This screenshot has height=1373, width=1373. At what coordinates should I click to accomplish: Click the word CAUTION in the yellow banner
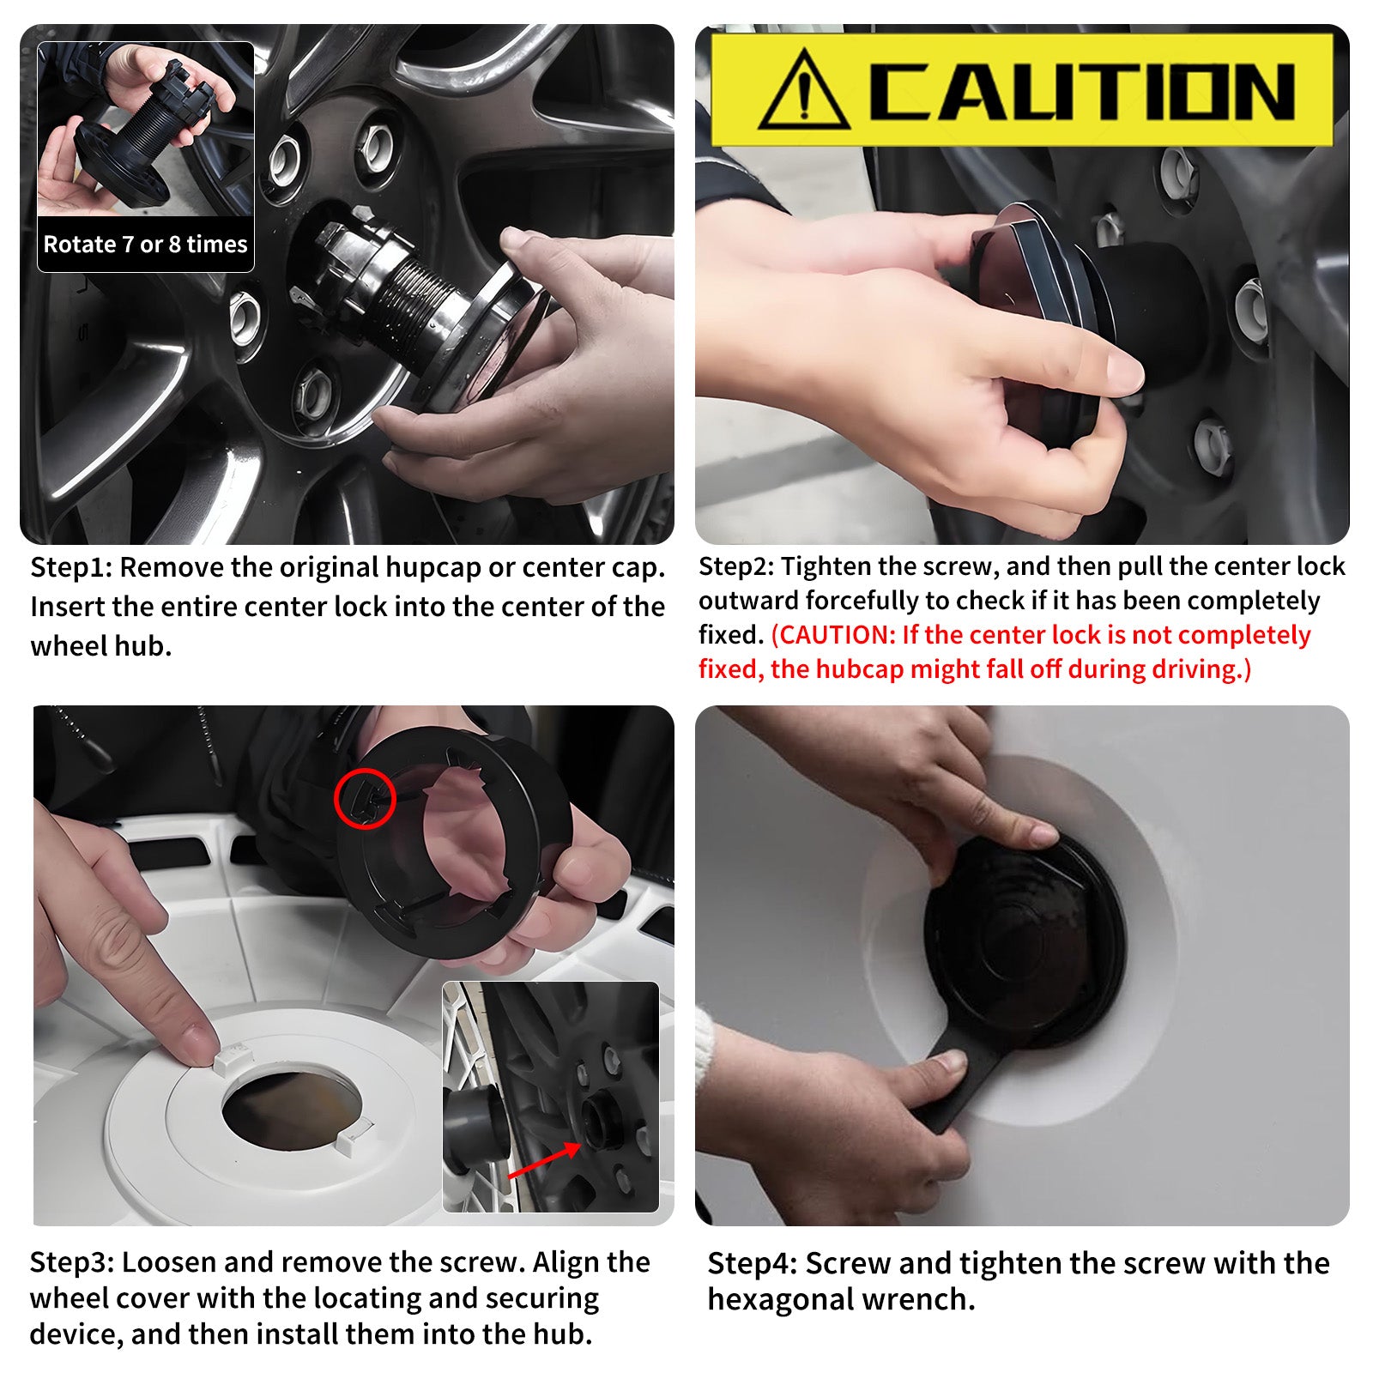[x=1083, y=91]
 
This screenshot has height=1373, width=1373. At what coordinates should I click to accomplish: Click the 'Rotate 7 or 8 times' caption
[x=145, y=245]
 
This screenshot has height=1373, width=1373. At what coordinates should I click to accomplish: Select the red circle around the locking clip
[x=365, y=798]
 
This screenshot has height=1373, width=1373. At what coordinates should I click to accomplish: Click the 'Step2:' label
[x=736, y=566]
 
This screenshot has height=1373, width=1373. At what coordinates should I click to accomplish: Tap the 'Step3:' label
[x=71, y=1262]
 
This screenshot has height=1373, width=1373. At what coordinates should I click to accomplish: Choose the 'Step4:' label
[x=753, y=1264]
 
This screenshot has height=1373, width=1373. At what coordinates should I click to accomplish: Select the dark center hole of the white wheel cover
[x=291, y=1108]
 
